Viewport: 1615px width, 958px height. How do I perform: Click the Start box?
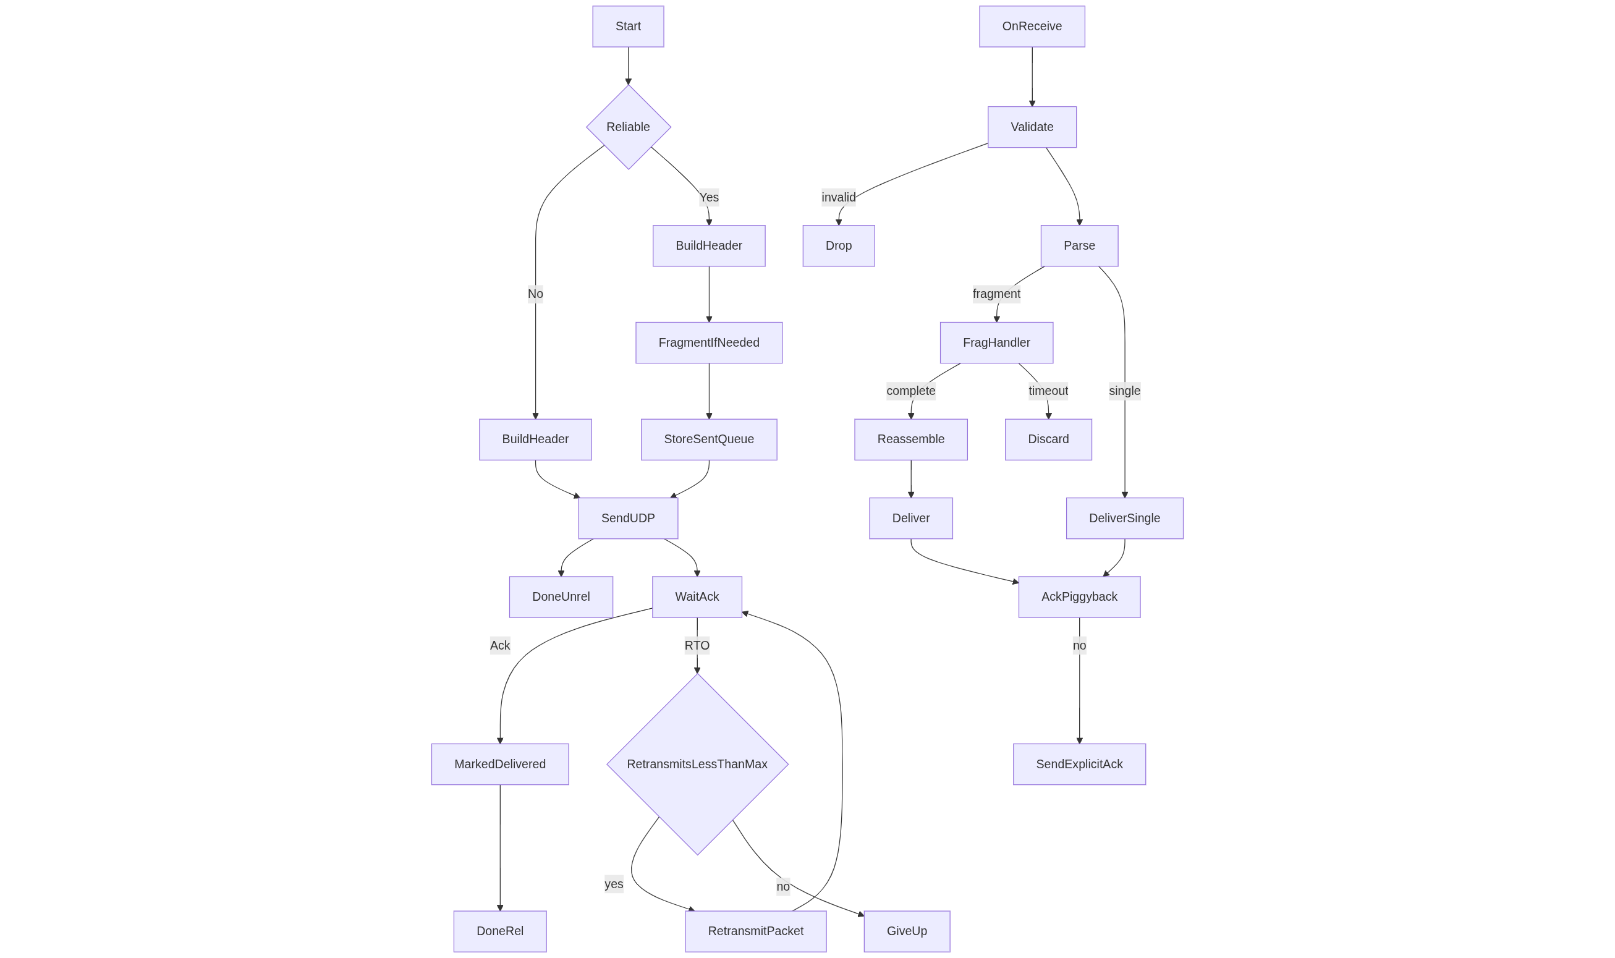[x=627, y=27]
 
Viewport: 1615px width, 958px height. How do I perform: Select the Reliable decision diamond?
[x=628, y=127]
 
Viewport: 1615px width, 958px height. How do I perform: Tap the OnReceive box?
[x=1032, y=27]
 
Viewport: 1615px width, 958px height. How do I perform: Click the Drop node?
[x=838, y=245]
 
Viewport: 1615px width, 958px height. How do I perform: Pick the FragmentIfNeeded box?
[x=708, y=343]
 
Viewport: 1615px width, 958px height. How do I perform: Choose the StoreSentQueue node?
[x=708, y=439]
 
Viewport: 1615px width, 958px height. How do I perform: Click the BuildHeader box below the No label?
[x=535, y=439]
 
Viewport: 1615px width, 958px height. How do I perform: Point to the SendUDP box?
[x=627, y=518]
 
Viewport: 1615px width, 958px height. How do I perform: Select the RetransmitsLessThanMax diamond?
[x=697, y=764]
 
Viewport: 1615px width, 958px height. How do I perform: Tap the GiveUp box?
[x=906, y=930]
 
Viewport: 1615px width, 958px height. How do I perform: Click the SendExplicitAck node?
[x=1079, y=764]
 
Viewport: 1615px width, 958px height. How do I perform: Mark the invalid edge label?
[x=838, y=197]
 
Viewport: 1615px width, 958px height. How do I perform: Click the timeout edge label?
[x=1048, y=391]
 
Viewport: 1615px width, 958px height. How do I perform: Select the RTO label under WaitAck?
[x=697, y=645]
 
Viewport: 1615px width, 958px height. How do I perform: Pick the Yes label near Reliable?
[x=708, y=197]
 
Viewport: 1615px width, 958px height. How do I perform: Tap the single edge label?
[x=1124, y=391]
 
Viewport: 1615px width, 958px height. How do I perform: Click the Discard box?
[x=1048, y=439]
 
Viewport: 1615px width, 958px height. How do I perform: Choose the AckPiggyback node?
[x=1079, y=596]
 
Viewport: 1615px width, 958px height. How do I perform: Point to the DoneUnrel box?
[x=561, y=596]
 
